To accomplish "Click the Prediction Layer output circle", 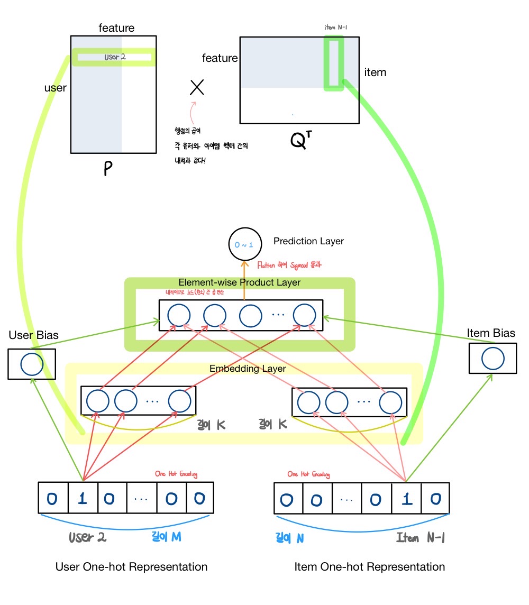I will tap(244, 244).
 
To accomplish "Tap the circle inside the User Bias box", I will tap(31, 364).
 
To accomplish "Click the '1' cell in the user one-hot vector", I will tap(83, 498).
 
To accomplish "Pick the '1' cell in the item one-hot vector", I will tap(406, 498).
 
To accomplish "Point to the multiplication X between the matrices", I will tap(197, 87).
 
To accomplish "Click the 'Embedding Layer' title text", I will tap(248, 369).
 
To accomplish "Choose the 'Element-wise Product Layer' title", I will tap(239, 282).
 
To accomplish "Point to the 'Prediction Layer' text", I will tap(308, 241).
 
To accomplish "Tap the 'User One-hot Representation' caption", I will tap(131, 567).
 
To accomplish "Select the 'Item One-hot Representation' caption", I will tap(369, 567).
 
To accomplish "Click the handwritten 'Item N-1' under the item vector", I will tap(421, 538).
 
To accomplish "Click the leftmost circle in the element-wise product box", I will tap(179, 316).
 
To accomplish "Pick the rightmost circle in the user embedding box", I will tap(179, 401).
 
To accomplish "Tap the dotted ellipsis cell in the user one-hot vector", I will tap(142, 498).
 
